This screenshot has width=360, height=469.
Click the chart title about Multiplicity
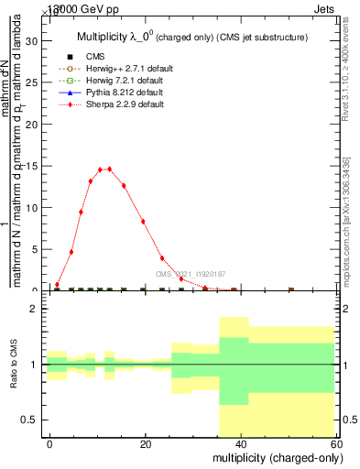[190, 38]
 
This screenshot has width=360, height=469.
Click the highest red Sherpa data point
[109, 169]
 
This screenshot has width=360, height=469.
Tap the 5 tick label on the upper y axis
[35, 249]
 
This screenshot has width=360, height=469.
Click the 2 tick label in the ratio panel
[34, 310]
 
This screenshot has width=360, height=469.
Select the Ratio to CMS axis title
[14, 365]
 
